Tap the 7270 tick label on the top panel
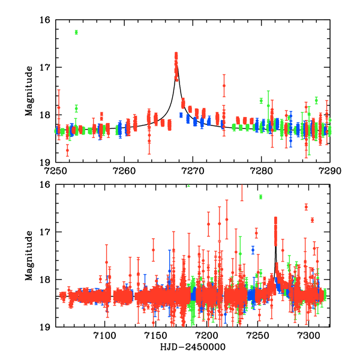(193, 170)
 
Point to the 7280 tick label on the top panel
(262, 170)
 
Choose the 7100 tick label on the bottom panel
(105, 335)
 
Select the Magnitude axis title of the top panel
(28, 91)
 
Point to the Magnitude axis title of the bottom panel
(28, 256)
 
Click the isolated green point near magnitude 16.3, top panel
(76, 32)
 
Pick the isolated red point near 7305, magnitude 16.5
(306, 207)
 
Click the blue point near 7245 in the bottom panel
(253, 249)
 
